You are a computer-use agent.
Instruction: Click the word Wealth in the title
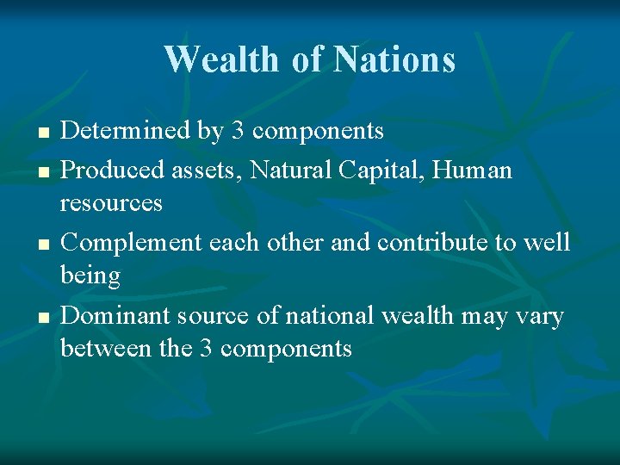coord(221,59)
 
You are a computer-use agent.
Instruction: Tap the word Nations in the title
coord(394,59)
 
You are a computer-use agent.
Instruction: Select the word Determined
coord(125,131)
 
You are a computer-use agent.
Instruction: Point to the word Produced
coord(108,170)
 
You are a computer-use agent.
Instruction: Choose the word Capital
coord(378,170)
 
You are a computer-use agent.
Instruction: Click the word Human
coord(474,170)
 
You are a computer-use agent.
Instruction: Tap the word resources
coord(111,204)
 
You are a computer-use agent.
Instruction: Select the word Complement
coord(127,243)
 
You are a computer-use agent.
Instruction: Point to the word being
coord(90,276)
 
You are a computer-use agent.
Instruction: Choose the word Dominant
coord(115,316)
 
